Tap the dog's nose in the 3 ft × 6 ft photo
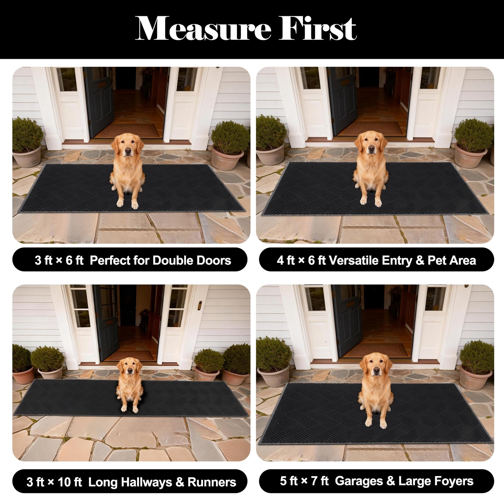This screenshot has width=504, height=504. click(x=128, y=150)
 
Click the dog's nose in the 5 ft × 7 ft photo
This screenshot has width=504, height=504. click(x=376, y=370)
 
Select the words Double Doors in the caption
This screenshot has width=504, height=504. click(x=191, y=260)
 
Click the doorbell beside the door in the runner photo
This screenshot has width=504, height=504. click(x=200, y=305)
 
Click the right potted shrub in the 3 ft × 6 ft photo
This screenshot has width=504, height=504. click(x=229, y=145)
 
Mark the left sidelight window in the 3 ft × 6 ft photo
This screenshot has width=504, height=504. click(x=67, y=79)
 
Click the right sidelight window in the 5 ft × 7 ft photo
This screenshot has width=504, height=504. click(x=435, y=299)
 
